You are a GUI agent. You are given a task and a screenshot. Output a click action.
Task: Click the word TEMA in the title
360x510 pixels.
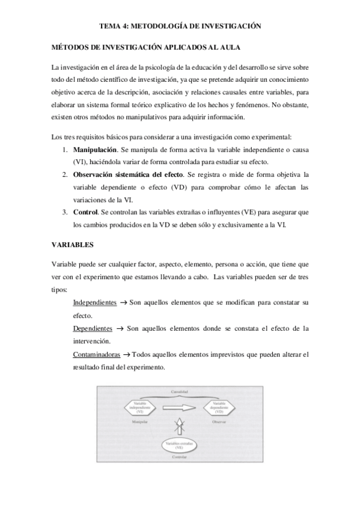(x=110, y=26)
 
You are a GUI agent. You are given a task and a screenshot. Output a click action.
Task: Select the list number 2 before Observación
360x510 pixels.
(x=65, y=174)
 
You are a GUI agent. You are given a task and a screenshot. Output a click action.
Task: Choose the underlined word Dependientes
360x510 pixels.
(x=93, y=328)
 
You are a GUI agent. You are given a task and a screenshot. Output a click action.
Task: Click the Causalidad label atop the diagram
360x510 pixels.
(x=180, y=392)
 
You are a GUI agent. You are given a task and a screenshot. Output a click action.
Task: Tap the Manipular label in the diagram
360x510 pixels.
(x=139, y=422)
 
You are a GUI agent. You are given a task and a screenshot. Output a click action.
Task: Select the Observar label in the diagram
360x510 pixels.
(x=219, y=422)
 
